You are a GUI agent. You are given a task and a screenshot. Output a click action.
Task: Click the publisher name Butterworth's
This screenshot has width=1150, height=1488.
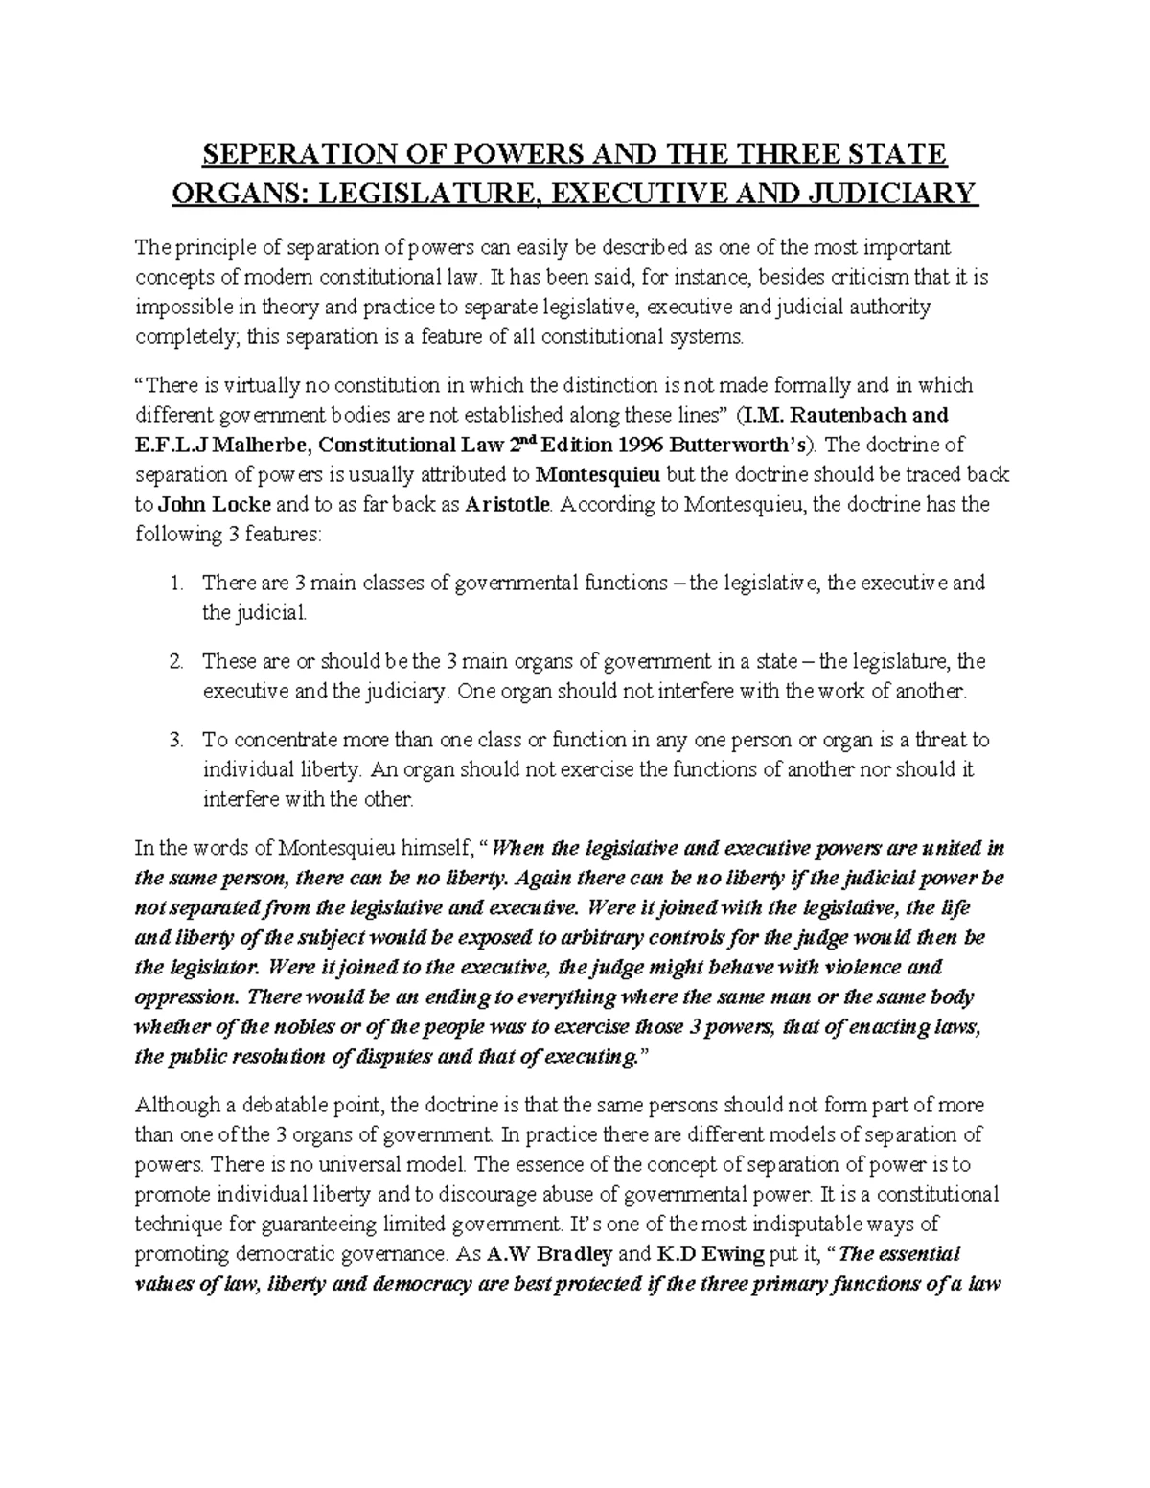pyautogui.click(x=743, y=445)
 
